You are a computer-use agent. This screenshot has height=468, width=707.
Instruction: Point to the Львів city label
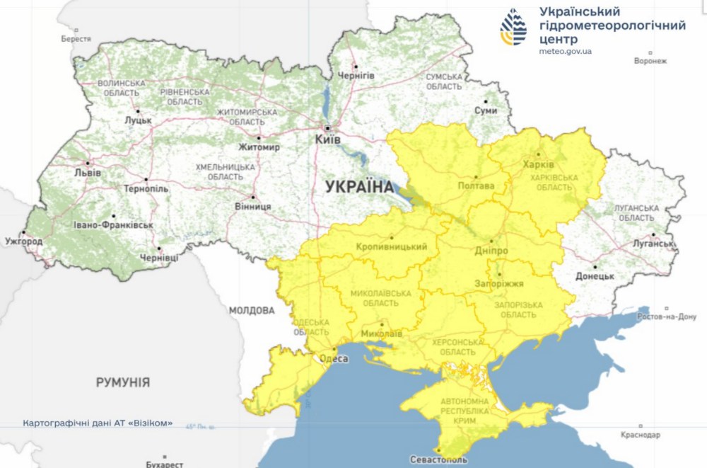point(88,173)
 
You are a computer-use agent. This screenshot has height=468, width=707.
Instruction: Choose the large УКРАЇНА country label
point(359,187)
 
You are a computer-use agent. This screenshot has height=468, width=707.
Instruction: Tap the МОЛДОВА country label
point(252,310)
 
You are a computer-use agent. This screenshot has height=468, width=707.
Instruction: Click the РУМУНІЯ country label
point(123,382)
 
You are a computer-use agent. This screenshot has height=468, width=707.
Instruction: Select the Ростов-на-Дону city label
point(667,317)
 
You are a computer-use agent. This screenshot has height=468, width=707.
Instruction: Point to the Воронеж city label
point(650,61)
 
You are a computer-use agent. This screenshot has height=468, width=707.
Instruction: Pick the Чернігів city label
point(356,75)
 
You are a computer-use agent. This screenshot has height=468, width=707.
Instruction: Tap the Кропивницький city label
point(392,246)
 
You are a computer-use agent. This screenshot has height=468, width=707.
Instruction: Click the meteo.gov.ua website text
point(565,52)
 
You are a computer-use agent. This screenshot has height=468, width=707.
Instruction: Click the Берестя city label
point(76,39)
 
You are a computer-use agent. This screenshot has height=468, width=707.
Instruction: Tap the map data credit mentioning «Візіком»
point(98,423)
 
